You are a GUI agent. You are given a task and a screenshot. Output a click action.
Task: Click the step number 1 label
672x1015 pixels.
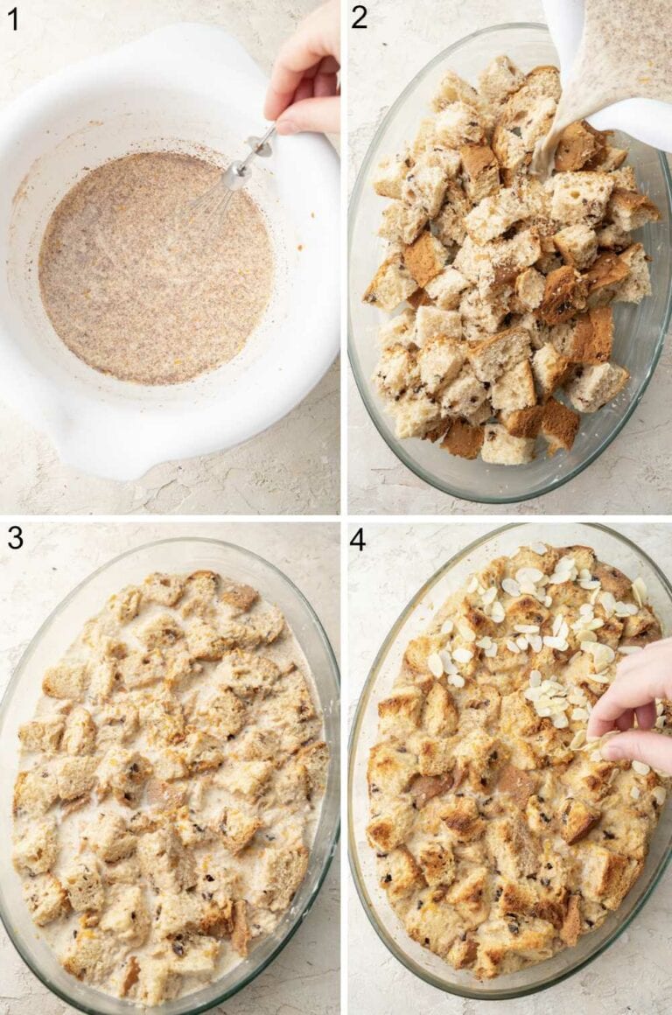click(x=12, y=17)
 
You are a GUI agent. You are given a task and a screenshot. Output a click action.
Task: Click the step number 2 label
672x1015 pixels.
click(x=358, y=17)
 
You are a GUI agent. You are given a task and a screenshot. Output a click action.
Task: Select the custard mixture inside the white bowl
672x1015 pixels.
click(x=149, y=271)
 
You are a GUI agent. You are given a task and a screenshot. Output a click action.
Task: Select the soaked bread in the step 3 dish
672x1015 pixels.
click(x=166, y=770)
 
